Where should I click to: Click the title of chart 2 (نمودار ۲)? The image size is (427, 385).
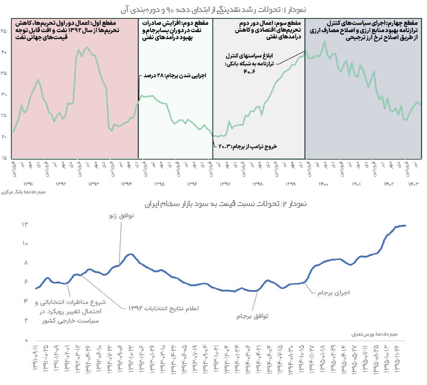coord(225,204)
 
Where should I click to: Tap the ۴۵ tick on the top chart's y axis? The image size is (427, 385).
coord(4,31)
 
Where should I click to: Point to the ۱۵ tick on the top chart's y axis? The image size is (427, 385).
coord(4,158)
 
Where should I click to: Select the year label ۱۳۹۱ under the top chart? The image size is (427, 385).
coord(28,184)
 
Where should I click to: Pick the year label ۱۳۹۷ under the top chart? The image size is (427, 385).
coord(225,184)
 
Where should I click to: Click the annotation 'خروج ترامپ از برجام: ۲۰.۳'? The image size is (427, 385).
coord(248,146)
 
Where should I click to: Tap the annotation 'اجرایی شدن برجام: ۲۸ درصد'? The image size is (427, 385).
coord(175,76)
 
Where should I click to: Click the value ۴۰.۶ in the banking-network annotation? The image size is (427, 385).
coord(249,72)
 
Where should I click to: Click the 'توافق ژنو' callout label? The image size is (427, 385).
coord(122,216)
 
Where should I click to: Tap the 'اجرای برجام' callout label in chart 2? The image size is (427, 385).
coord(333,293)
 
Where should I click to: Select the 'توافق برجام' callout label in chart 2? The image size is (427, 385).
coord(252,316)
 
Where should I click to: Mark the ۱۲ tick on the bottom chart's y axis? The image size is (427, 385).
coord(25,224)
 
